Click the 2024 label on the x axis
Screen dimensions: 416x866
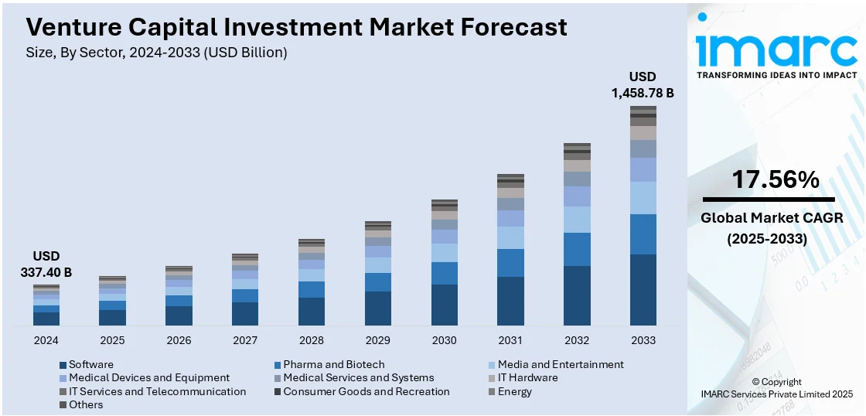(46, 340)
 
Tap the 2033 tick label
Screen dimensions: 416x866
(643, 340)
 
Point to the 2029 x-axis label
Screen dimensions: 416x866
(377, 340)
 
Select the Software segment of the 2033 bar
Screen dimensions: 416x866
(643, 289)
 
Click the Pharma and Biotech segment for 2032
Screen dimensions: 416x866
(577, 249)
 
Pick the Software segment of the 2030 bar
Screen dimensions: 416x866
(444, 305)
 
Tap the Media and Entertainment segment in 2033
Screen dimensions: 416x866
(643, 198)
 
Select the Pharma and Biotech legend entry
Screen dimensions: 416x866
(333, 364)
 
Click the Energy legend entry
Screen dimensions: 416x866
(515, 392)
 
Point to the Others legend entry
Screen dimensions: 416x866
(85, 405)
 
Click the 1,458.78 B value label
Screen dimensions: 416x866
(643, 93)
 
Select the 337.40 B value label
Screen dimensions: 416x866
(46, 272)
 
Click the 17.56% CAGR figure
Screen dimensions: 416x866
(765, 179)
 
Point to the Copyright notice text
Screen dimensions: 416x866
(776, 382)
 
